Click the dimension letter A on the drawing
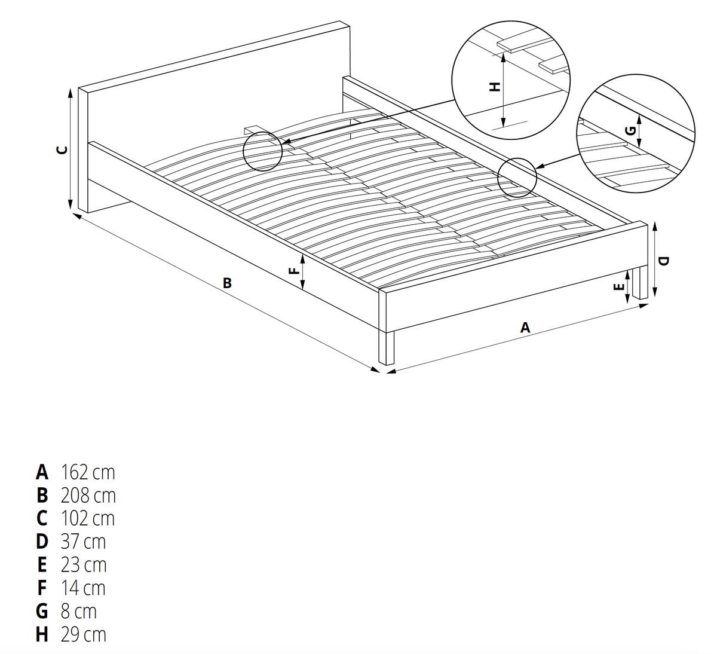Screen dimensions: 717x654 [x=525, y=327]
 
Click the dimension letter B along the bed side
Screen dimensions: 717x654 [x=227, y=283]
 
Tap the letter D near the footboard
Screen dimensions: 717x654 [x=663, y=261]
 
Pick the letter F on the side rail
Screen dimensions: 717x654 [x=294, y=270]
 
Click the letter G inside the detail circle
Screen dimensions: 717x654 [x=631, y=130]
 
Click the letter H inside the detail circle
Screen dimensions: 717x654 [x=495, y=87]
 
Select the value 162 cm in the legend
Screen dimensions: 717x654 [x=88, y=472]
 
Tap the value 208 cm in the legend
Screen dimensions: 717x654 [x=88, y=496]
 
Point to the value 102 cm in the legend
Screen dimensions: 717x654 [x=88, y=518]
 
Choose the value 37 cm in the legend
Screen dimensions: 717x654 [x=83, y=542]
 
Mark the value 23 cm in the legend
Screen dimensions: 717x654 [x=84, y=565]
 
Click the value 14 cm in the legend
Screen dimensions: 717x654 [x=83, y=588]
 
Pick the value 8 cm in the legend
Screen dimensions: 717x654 [x=79, y=611]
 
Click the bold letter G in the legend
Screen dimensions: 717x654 [x=42, y=611]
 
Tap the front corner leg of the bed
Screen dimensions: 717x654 [x=386, y=347]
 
